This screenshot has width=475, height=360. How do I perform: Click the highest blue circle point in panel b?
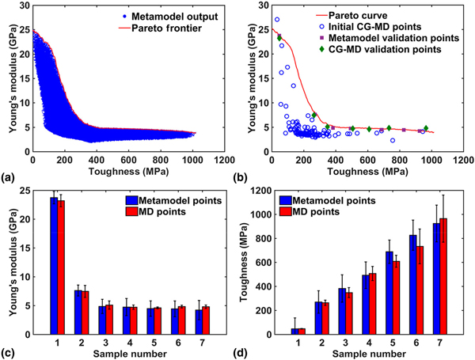[276, 20]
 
